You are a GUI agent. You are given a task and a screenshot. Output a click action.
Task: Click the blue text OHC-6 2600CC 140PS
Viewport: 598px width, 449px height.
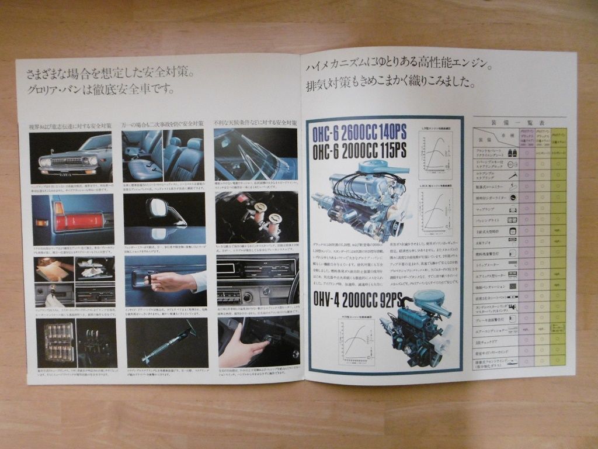[359, 133]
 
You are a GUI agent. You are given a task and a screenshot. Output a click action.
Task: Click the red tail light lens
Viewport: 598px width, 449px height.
[78, 222]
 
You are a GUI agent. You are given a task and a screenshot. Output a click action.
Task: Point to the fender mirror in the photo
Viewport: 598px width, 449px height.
[161, 209]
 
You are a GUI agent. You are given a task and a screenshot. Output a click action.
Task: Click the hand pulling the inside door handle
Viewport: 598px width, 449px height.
[169, 282]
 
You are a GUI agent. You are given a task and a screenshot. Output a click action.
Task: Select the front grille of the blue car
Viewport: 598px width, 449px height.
[65, 161]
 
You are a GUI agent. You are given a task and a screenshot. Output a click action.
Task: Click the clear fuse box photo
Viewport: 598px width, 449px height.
[58, 341]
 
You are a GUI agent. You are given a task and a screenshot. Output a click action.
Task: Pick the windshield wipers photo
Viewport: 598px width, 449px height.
[255, 154]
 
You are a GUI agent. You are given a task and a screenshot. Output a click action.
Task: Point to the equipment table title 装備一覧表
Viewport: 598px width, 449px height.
[519, 123]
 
